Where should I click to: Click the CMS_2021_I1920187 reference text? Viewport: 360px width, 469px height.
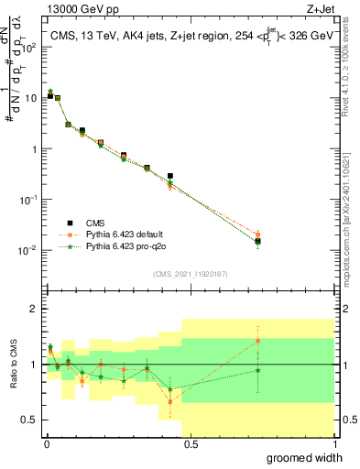(x=190, y=274)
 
